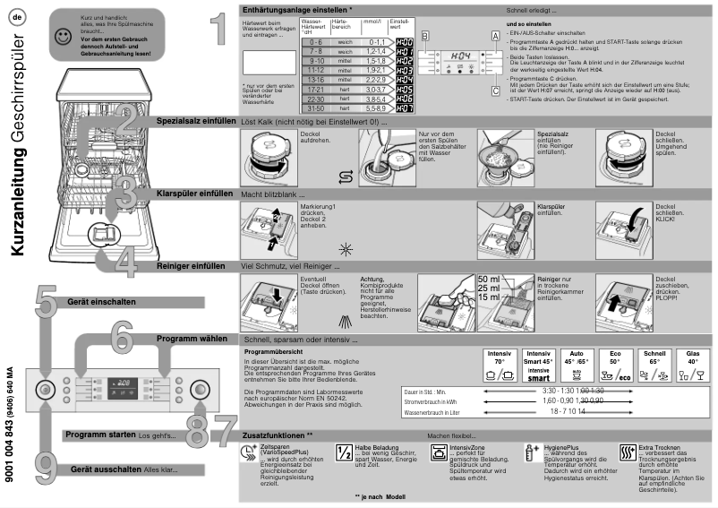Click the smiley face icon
[62, 38]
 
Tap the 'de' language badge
[17, 18]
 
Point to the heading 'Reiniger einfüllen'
[191, 266]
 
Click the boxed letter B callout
[425, 34]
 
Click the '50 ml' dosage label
[490, 279]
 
